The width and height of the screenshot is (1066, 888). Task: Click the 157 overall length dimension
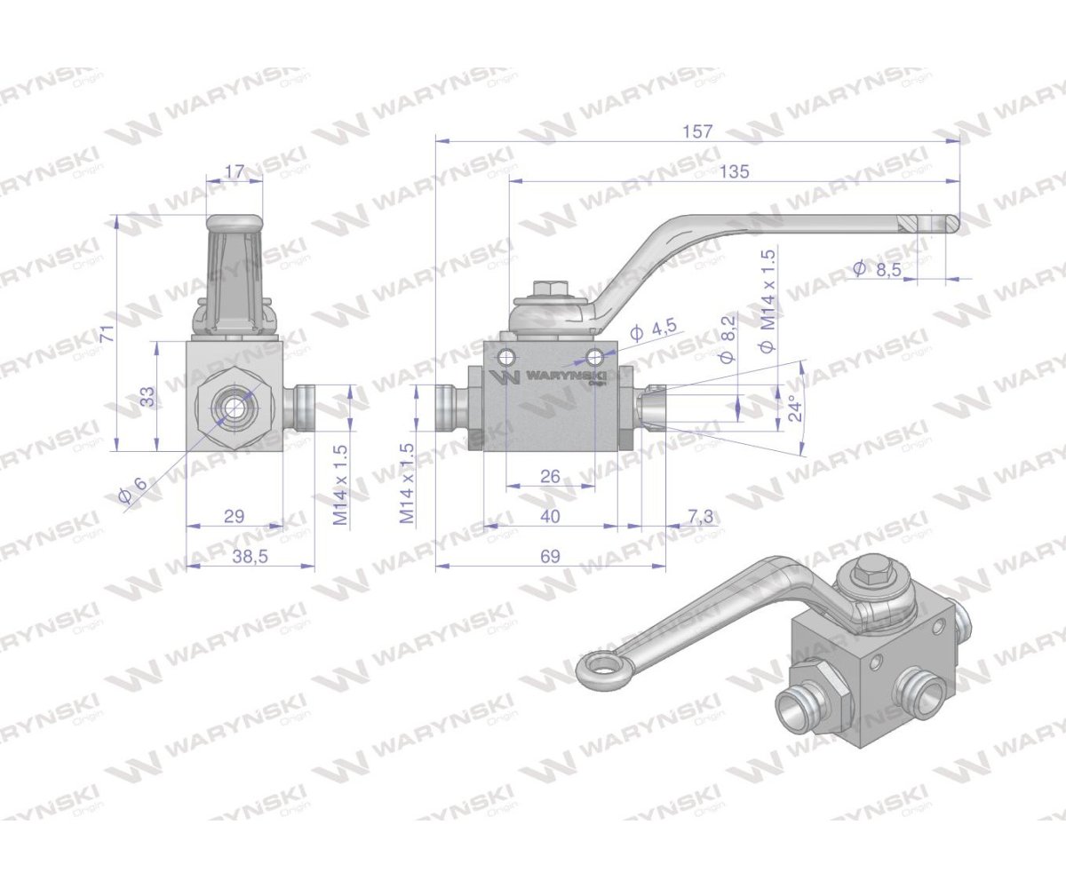click(698, 131)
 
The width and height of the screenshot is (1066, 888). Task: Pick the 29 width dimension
click(235, 516)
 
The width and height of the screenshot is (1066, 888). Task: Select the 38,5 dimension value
click(250, 556)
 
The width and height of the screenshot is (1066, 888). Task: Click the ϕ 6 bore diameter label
click(131, 491)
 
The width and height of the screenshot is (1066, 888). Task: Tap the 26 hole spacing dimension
click(550, 477)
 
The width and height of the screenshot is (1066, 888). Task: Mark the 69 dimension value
click(550, 556)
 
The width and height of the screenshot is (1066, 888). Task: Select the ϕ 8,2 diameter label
click(728, 338)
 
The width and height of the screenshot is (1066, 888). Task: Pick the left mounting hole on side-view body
click(506, 358)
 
